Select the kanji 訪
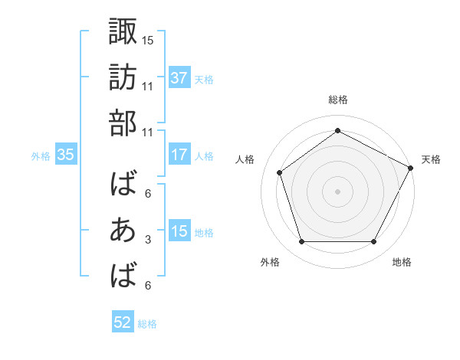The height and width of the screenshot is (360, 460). point(123,77)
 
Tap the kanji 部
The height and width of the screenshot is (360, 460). point(123,124)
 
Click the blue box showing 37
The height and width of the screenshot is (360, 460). point(179,78)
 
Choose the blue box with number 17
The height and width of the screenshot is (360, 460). point(179,155)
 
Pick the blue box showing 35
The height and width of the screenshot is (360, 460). point(66,155)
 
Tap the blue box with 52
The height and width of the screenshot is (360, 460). point(123,323)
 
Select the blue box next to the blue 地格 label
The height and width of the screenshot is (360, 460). point(179,232)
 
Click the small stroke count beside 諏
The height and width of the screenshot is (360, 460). point(148,39)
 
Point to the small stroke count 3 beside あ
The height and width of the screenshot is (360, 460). point(148,241)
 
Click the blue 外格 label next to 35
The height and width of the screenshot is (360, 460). point(41,155)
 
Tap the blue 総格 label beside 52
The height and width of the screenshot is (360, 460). point(147,324)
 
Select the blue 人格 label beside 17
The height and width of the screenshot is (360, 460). point(204,155)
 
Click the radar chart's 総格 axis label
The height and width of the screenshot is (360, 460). point(337,100)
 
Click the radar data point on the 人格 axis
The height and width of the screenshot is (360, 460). point(280,172)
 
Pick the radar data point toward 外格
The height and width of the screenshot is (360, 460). point(301,242)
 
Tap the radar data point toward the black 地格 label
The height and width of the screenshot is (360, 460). point(374,242)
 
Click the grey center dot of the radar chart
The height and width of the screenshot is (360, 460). point(337,191)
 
